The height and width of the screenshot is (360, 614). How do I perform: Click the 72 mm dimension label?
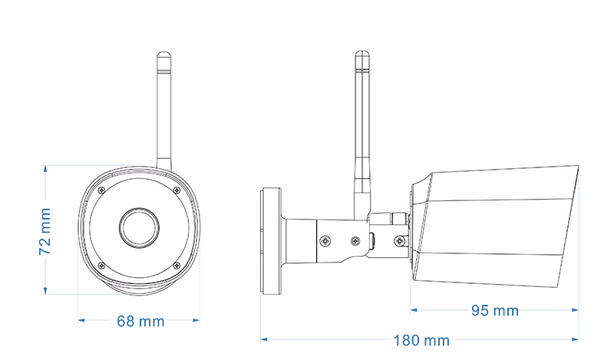coord(45,232)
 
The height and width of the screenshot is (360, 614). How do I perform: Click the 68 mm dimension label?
coord(140,322)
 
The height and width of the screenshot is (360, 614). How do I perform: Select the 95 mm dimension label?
coord(495,311)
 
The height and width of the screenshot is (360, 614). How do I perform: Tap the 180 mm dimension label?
coord(421,340)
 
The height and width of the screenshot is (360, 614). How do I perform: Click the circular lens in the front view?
coord(139,226)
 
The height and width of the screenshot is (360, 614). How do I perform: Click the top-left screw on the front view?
coord(102,190)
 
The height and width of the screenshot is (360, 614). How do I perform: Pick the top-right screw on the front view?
coord(177,190)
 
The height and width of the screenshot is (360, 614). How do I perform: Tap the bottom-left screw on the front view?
coord(101,265)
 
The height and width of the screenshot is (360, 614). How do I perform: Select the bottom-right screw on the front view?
coord(177,265)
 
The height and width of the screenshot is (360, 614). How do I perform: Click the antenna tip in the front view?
coord(164,53)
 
